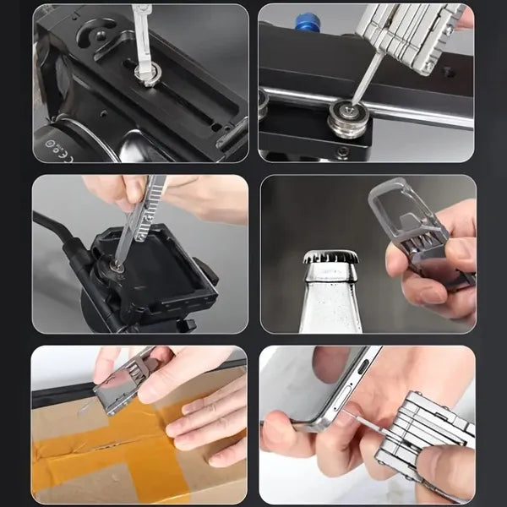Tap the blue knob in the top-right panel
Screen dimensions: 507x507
click(x=307, y=23)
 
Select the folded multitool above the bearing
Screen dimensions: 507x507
click(x=410, y=34)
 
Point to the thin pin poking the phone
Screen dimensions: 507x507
click(x=359, y=419)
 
